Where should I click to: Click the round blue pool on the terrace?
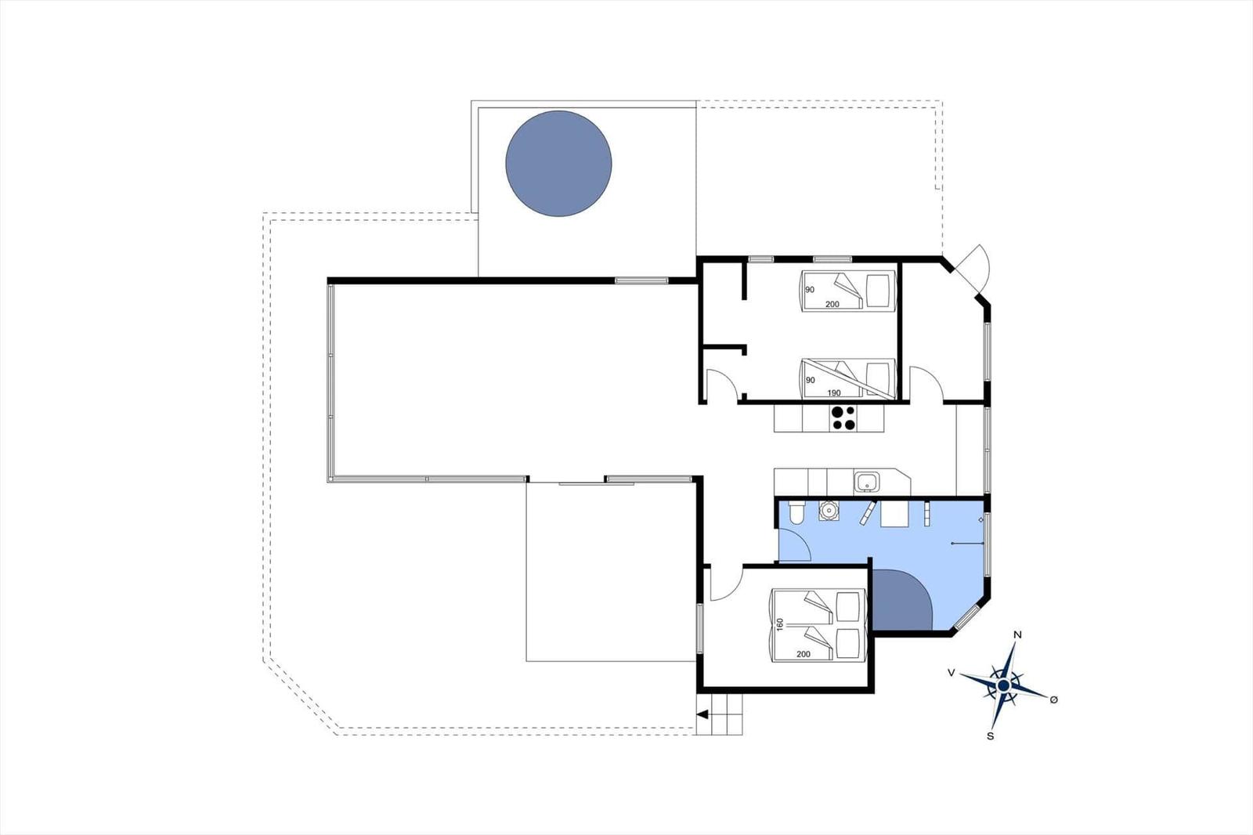pos(558,164)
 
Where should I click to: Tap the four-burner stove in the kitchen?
pos(843,417)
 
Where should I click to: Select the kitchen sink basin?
pos(866,481)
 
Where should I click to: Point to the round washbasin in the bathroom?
pos(829,511)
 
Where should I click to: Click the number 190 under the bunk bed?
pos(833,393)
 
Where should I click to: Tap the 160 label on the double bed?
pos(779,624)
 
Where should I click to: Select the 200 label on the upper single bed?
pos(832,304)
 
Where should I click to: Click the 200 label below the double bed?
pos(803,654)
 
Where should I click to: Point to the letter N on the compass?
pos(1017,634)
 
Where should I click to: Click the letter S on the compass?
pos(990,736)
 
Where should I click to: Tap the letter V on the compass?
pos(951,673)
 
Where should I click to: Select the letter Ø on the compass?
pos(1053,699)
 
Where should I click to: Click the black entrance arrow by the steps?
pos(702,714)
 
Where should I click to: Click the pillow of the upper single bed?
pos(879,291)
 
